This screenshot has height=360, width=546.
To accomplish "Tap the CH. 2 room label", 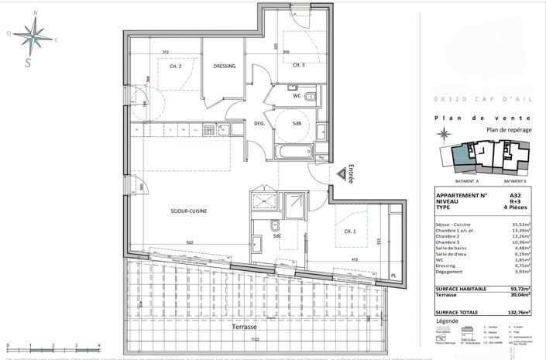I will (x=175, y=67).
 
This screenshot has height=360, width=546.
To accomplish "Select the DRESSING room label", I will (x=224, y=67).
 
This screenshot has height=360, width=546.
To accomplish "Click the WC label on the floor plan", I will (x=297, y=97).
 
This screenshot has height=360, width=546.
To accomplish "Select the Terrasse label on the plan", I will (x=242, y=327).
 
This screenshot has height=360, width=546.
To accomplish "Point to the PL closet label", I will (x=393, y=276).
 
